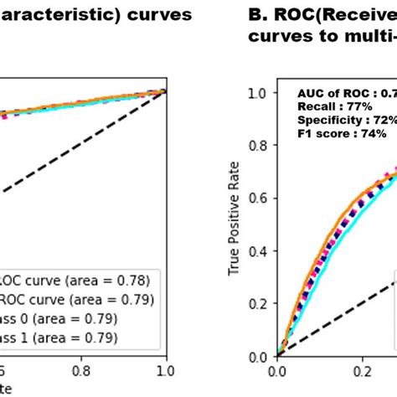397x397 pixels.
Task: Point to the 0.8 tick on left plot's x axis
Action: [x=80, y=369]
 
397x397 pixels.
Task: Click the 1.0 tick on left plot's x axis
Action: [x=166, y=369]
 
